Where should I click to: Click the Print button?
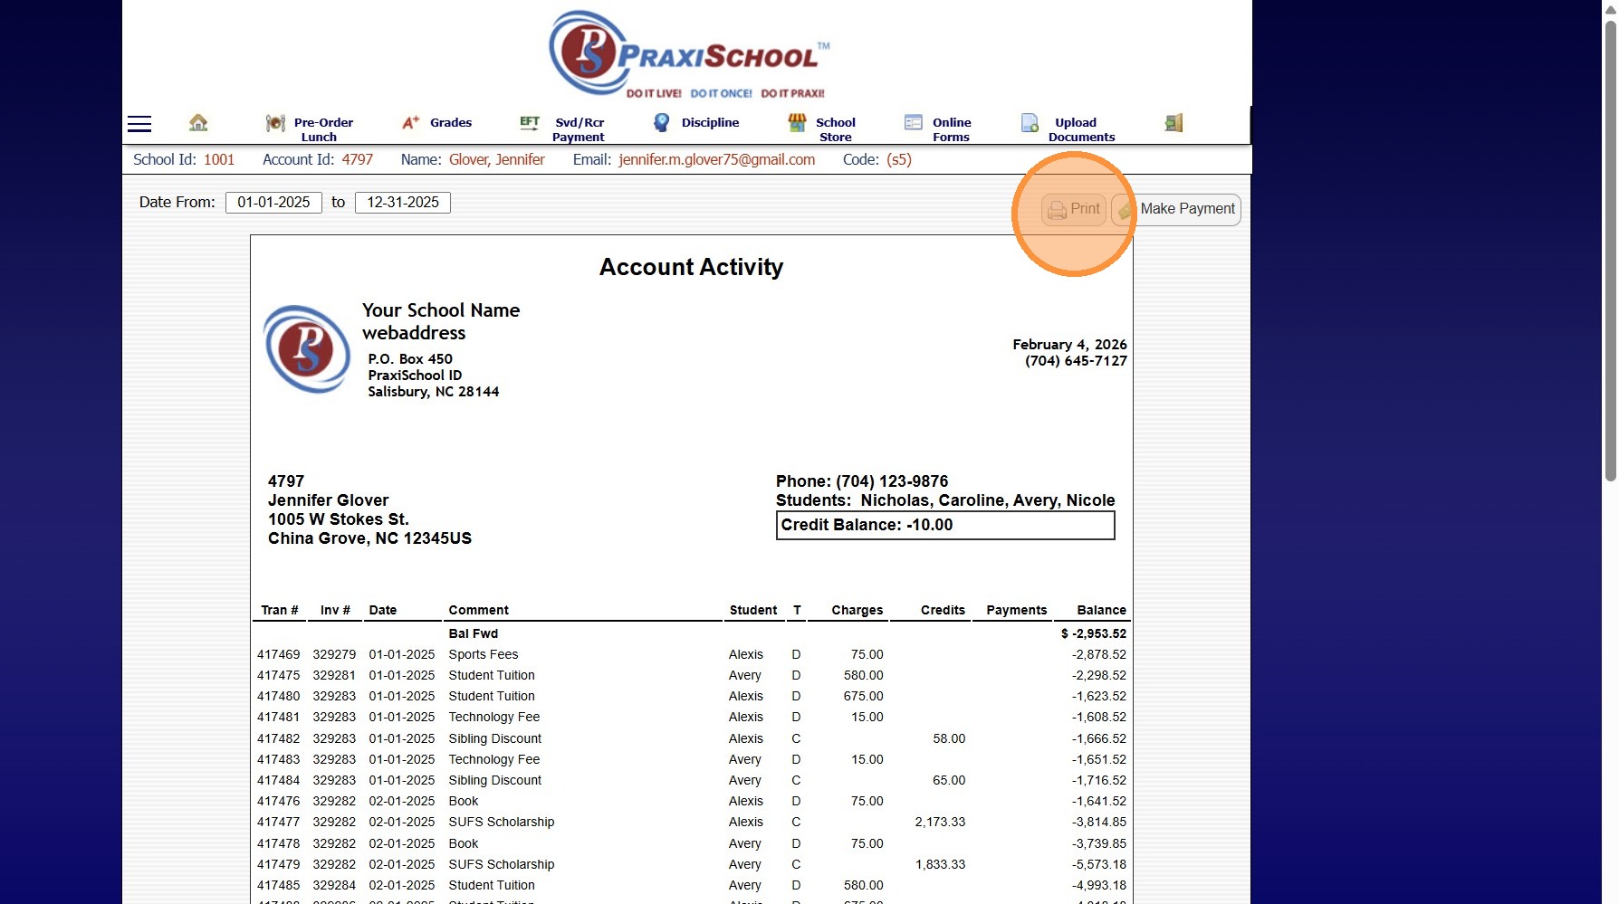tap(1074, 209)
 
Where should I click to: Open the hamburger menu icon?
tap(139, 124)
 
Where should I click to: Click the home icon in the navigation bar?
tap(198, 122)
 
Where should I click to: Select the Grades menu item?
tap(437, 123)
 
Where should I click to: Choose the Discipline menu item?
tap(696, 123)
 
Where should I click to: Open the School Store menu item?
tap(822, 128)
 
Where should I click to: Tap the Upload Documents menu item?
tap(1068, 128)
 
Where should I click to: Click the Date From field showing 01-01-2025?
tap(273, 203)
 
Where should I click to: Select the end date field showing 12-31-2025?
tap(403, 203)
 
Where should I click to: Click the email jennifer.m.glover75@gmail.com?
tap(716, 160)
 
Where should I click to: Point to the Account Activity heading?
tap(691, 267)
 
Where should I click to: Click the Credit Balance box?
tap(944, 526)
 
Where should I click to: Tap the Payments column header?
tap(1016, 610)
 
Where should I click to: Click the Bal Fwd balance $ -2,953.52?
tap(1094, 633)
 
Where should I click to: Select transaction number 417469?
tap(278, 654)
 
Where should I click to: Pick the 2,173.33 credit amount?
tap(940, 822)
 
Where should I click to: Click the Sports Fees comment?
tap(484, 654)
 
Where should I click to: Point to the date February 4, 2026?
tap(1069, 345)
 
